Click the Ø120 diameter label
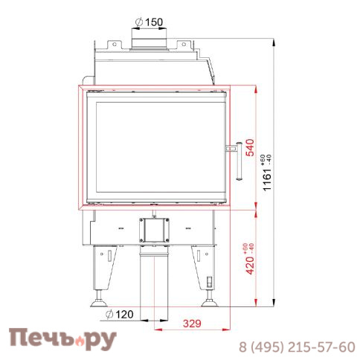[x=120, y=315]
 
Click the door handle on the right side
[x=236, y=159]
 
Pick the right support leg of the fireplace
[x=205, y=271]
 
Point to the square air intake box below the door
[x=153, y=229]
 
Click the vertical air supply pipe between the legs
[x=153, y=279]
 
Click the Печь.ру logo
[x=63, y=339]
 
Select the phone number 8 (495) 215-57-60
[x=296, y=347]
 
